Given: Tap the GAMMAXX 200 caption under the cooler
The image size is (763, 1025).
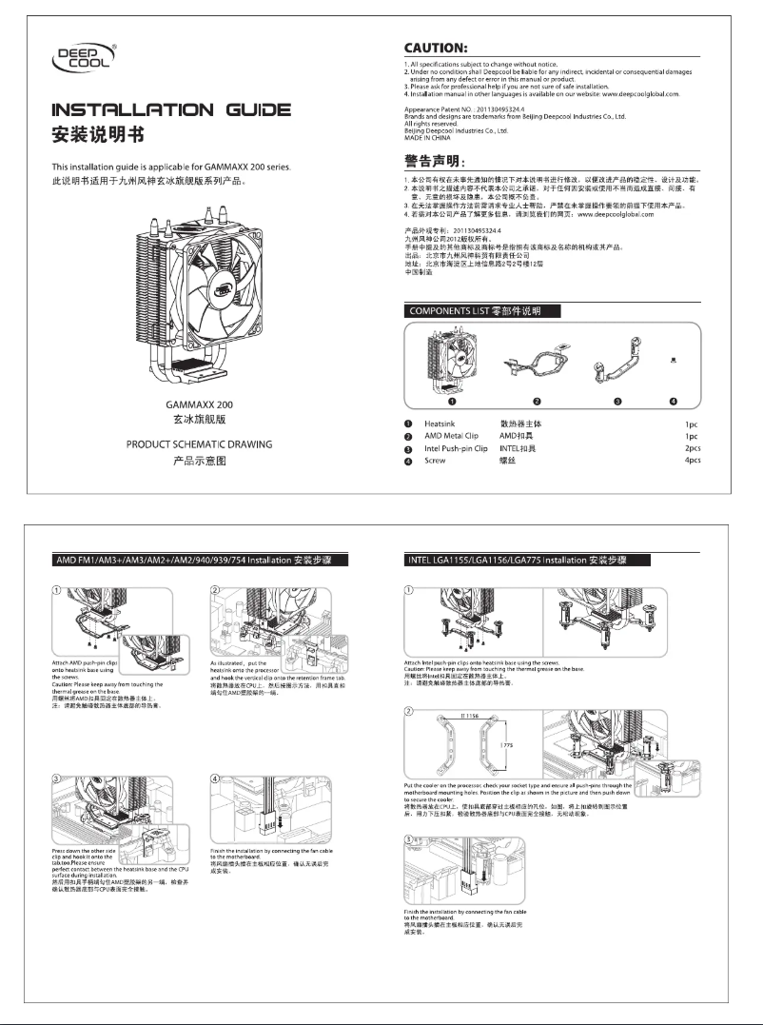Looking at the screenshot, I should pos(200,405).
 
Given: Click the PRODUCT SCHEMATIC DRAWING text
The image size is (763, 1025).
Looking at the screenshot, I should pos(200,444).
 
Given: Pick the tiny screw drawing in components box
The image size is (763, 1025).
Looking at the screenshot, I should pos(674,361).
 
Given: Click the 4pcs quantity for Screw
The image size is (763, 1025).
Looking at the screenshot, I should pos(692,461).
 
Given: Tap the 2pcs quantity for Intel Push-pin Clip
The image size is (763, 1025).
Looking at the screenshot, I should pos(692,448).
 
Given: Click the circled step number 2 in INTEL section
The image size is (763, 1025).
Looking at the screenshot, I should pos(409,711).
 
